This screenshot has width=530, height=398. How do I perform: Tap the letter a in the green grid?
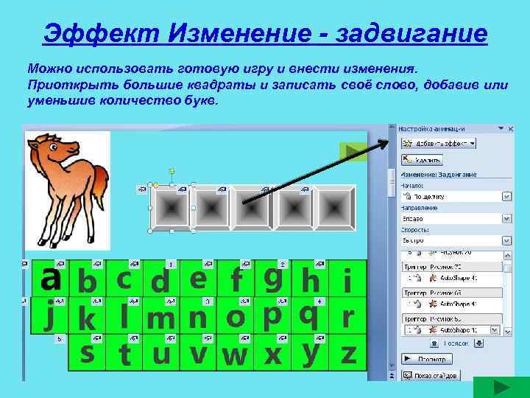click(x=50, y=278)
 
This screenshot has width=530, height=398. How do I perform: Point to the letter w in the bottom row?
click(x=235, y=355)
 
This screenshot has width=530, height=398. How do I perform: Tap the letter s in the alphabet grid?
click(x=88, y=352)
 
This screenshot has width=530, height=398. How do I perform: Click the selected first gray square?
click(x=171, y=207)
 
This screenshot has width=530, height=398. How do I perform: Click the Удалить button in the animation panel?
click(x=423, y=158)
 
